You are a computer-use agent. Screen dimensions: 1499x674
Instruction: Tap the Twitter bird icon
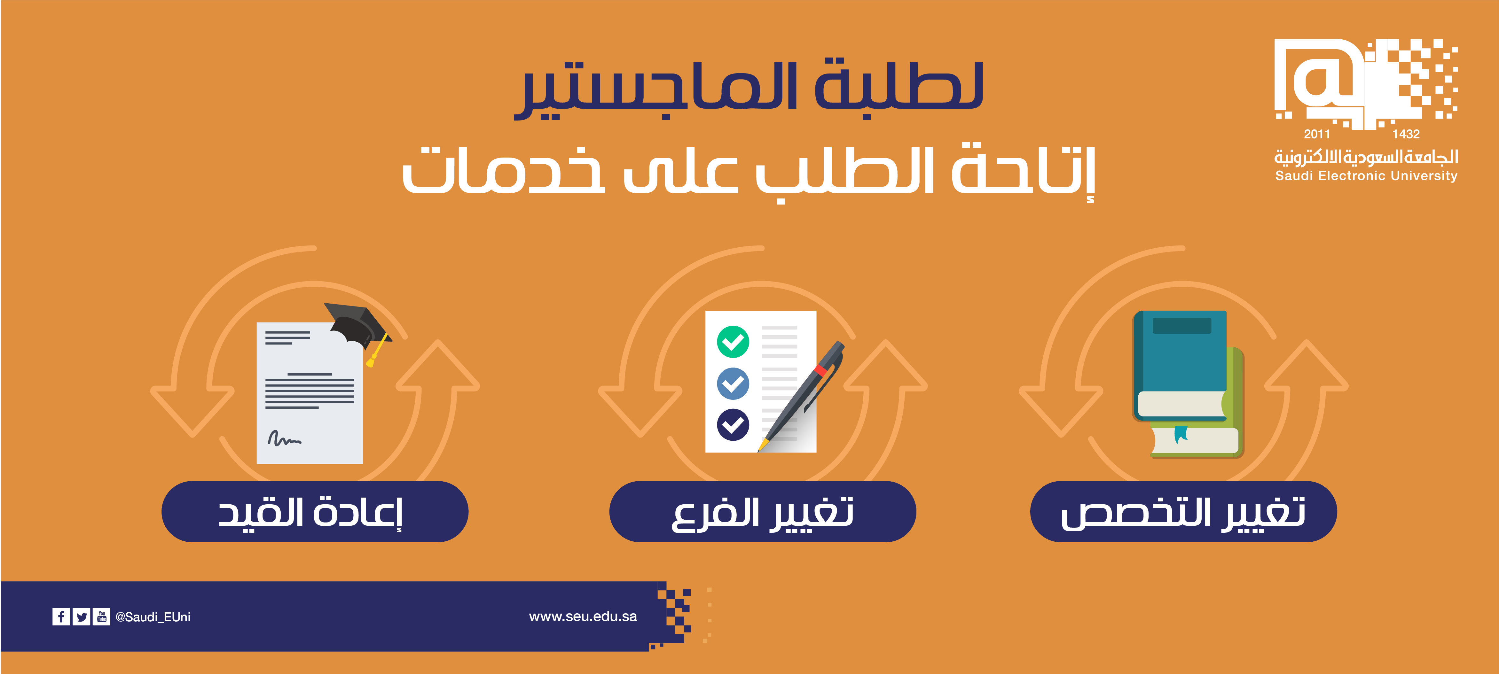point(82,616)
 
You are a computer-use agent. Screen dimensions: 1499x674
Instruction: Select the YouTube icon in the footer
point(101,616)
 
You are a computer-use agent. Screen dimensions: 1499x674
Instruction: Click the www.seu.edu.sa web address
point(583,616)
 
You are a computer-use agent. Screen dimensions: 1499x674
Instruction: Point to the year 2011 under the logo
point(1317,134)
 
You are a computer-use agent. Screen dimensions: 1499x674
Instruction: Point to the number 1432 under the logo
point(1406,134)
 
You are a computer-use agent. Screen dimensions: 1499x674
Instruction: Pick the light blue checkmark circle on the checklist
point(733,383)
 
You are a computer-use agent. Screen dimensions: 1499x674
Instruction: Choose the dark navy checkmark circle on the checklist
point(733,424)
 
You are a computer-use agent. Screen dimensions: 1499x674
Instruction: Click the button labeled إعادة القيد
point(315,512)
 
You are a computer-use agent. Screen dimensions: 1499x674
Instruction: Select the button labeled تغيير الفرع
point(762,512)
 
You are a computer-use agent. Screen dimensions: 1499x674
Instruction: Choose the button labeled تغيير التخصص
point(1184,512)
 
